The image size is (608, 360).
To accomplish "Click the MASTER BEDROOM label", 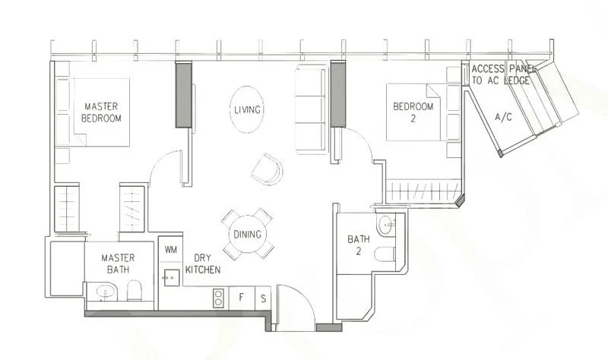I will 103,112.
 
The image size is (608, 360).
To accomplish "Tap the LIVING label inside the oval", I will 248,110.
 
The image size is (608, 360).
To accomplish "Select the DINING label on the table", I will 248,235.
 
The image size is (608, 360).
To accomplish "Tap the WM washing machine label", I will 169,249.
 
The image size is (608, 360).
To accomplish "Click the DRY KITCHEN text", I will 204,264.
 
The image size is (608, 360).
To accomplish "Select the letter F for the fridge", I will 242,297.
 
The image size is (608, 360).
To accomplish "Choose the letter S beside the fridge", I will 264,297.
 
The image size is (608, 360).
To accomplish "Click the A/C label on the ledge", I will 502,118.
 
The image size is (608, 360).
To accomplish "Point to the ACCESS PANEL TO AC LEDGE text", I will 504,74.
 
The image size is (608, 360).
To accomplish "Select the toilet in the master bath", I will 135,291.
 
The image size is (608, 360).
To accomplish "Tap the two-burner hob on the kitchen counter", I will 218,296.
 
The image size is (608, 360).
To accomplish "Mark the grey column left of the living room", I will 183,95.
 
